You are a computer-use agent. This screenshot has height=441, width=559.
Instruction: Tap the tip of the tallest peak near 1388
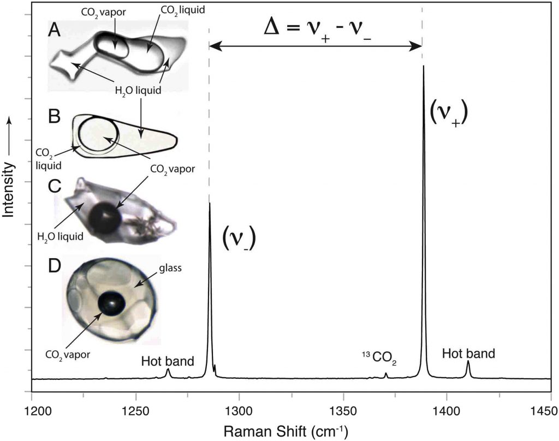424,67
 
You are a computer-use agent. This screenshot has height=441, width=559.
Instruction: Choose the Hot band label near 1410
468,353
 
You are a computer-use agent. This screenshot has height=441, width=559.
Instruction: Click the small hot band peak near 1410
468,362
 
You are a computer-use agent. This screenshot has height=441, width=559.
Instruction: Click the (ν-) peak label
239,238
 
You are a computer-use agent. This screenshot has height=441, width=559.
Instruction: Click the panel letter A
54,31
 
